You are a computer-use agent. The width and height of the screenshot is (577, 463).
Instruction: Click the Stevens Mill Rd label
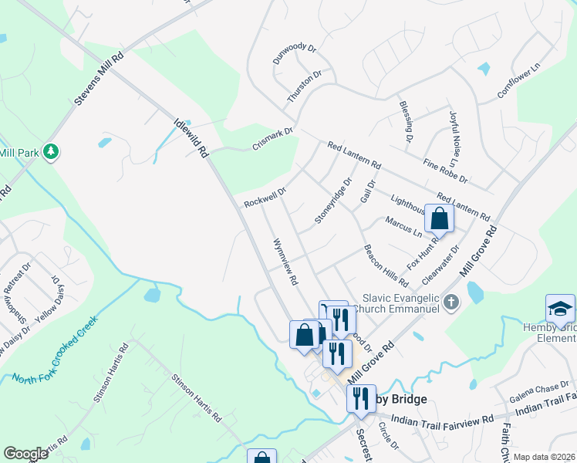point(100,79)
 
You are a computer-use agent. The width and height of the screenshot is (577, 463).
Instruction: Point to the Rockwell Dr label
point(265,197)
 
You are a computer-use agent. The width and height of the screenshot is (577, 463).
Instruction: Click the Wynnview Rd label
point(285,262)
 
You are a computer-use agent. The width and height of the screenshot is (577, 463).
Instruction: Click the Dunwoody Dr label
point(295,53)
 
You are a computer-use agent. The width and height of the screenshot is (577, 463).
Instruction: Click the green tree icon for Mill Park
point(52,151)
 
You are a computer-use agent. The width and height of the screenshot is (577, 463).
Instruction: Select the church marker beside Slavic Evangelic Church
point(452,302)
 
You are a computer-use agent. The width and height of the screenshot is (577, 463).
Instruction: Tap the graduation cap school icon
point(560,309)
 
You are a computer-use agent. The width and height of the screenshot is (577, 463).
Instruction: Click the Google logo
point(26,454)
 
